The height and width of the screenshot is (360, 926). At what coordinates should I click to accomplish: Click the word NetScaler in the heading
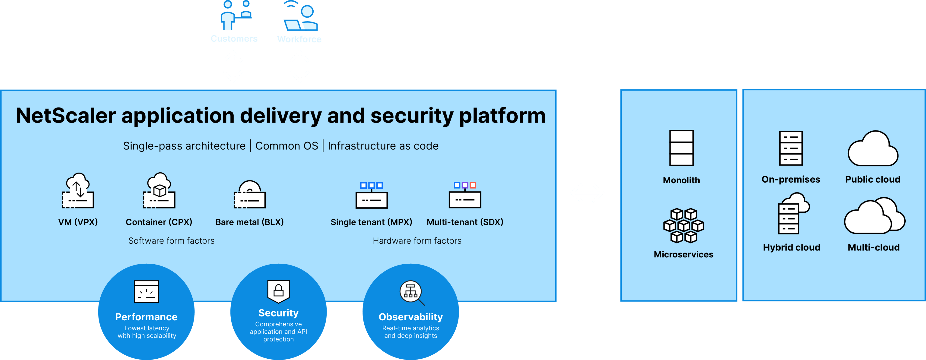point(66,116)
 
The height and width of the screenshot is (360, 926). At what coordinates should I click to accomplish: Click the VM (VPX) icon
point(78,191)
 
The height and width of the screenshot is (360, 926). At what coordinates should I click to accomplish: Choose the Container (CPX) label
point(159,222)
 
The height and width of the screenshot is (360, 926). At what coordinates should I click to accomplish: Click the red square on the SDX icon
point(473,185)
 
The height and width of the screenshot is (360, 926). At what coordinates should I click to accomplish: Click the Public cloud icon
point(873,149)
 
